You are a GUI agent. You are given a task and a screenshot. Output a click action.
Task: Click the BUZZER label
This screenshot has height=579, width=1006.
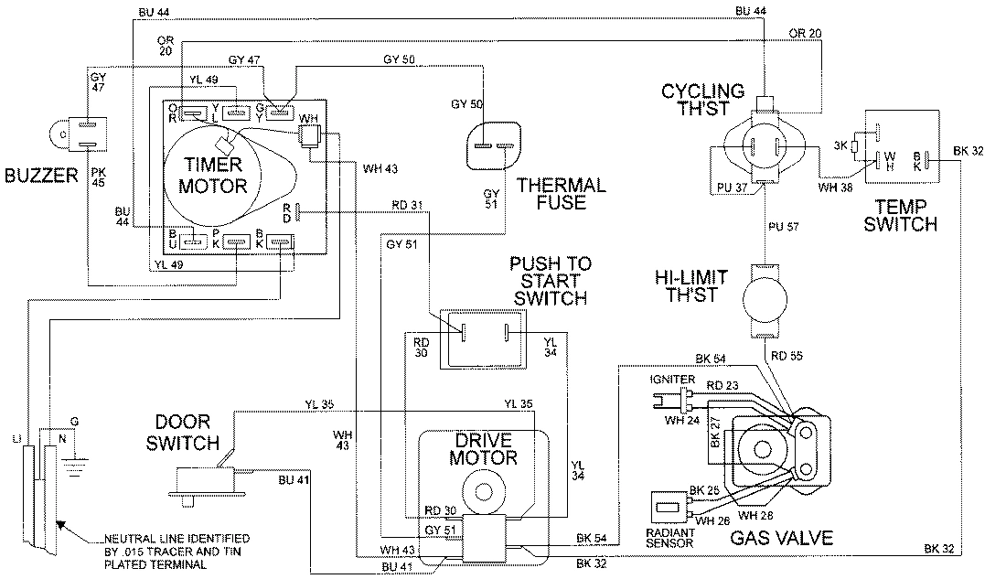(39, 174)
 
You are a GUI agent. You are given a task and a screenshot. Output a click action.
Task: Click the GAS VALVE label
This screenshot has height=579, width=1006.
(781, 538)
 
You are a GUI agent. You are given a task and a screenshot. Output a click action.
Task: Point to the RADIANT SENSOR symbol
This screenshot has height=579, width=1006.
(667, 508)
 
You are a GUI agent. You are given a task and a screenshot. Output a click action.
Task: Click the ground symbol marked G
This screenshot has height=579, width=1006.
(75, 455)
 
